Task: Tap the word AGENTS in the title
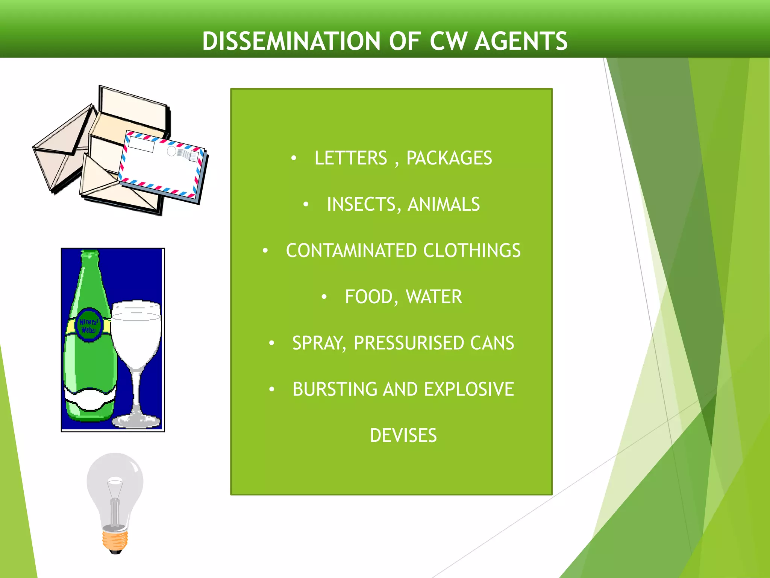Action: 521,41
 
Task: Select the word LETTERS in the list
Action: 350,158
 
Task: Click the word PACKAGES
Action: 449,158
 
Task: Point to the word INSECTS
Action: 361,204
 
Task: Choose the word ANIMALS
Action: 444,204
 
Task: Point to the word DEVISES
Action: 403,436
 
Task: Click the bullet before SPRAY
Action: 272,343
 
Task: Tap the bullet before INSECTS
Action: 306,204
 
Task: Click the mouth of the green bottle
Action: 89,253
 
